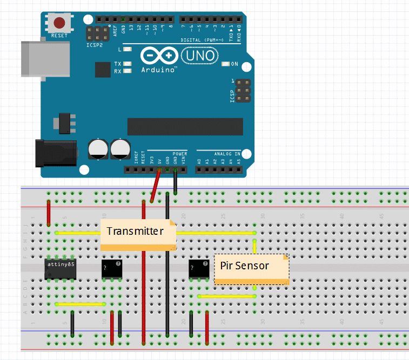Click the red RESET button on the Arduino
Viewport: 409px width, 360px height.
[x=59, y=23]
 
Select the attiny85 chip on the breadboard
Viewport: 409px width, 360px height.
[x=59, y=268]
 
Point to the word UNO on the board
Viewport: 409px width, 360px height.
[x=200, y=55]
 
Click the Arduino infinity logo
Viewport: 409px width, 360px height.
[x=159, y=56]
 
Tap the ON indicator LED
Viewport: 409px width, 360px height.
[x=226, y=64]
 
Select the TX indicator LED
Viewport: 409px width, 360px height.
[x=128, y=64]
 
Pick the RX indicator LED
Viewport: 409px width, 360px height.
[x=128, y=71]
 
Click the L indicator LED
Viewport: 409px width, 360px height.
[x=128, y=50]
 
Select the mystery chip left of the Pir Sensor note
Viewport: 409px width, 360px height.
[x=198, y=269]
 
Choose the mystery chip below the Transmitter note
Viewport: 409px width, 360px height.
[x=112, y=269]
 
